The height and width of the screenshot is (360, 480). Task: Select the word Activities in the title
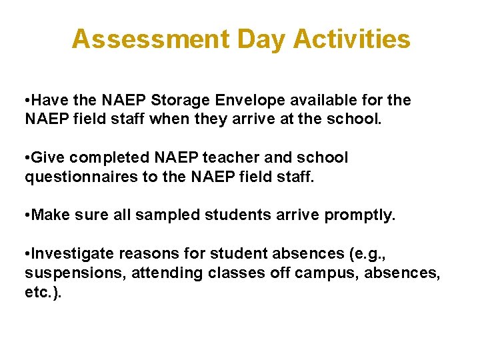(351, 39)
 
